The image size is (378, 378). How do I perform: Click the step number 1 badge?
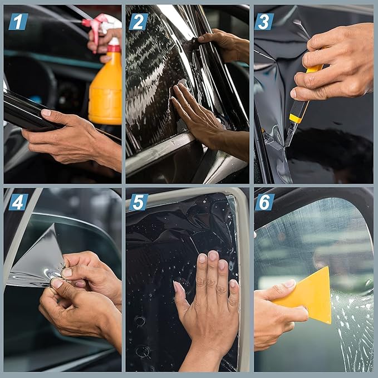(x=18, y=22)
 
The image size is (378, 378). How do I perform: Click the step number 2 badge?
(x=139, y=22)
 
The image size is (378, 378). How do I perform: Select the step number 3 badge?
(x=264, y=22)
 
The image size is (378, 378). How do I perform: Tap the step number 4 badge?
(x=18, y=202)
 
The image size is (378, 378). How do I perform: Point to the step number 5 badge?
(x=139, y=202)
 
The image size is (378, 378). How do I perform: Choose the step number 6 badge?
(x=264, y=202)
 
